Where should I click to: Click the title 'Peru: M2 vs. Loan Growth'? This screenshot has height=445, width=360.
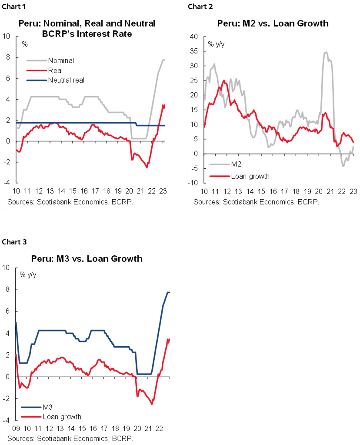coord(273,23)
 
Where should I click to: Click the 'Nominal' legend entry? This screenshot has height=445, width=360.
coord(61,60)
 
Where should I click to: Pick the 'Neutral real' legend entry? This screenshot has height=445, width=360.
coord(66,80)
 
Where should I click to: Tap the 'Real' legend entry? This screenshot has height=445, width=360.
coord(55,70)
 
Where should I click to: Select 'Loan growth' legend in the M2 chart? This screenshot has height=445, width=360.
coord(250,176)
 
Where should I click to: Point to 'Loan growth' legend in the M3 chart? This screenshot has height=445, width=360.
coord(62,417)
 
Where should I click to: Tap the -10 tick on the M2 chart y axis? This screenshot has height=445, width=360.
coord(193,183)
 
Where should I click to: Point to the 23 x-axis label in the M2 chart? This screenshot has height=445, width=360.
coord(353,192)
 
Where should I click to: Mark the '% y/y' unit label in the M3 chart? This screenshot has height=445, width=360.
coord(28,274)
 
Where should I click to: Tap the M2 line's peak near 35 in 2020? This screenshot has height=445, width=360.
coord(325,53)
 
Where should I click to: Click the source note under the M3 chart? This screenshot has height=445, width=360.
coord(70,438)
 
